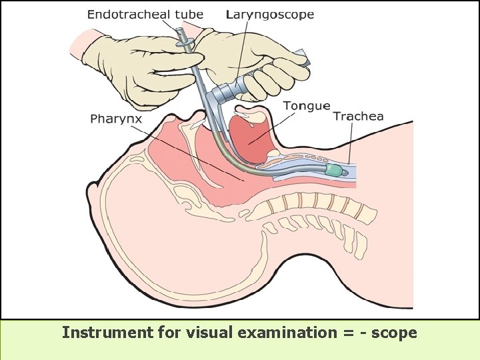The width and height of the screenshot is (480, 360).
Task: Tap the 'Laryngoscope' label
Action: (269, 15)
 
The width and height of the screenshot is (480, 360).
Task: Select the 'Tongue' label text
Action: (306, 105)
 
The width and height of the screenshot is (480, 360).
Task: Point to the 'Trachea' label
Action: (358, 117)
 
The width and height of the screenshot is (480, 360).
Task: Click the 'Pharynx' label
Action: (116, 119)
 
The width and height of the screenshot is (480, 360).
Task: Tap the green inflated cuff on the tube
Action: (333, 171)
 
